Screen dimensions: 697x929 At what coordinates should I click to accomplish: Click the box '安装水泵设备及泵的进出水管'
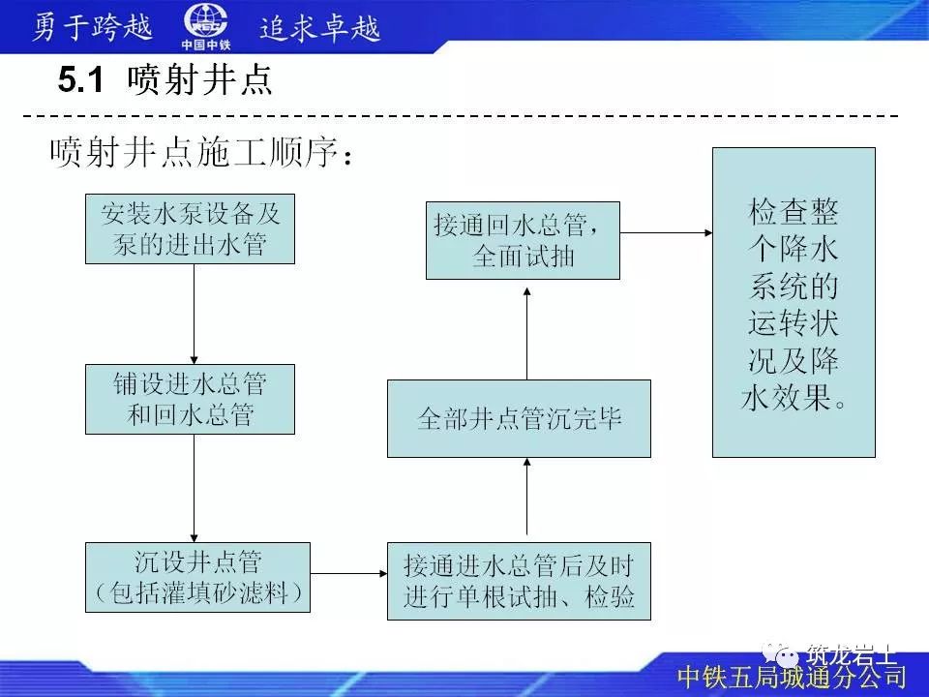(x=190, y=229)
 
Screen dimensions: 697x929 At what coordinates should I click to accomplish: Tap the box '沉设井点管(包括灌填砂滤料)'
(x=199, y=577)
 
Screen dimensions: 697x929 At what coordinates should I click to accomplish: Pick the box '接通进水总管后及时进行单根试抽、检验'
(x=519, y=581)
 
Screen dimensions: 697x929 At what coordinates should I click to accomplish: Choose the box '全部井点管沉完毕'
(x=519, y=418)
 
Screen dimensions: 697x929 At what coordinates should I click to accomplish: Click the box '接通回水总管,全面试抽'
(x=523, y=240)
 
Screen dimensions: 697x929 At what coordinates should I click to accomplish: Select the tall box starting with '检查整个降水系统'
(x=794, y=302)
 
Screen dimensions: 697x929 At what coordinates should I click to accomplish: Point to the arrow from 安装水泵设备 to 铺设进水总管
(x=195, y=314)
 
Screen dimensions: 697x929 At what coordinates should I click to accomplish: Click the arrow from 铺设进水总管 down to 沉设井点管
(x=195, y=488)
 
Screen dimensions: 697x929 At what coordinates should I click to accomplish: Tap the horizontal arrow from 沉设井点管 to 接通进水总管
(x=349, y=573)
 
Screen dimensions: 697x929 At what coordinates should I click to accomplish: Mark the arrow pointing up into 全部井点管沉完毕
(x=527, y=498)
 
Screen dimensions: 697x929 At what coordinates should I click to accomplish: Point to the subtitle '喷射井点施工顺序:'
(x=199, y=152)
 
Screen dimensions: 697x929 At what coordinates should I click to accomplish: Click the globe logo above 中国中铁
(x=205, y=21)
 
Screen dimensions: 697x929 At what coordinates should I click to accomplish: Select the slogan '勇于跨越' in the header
(x=93, y=27)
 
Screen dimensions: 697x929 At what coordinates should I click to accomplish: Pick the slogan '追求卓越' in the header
(x=320, y=27)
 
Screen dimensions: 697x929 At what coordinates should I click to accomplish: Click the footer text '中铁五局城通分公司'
(x=791, y=676)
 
